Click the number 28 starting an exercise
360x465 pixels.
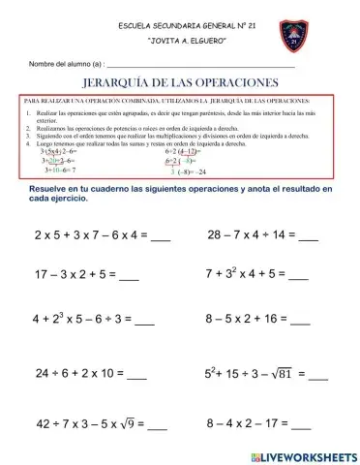215,233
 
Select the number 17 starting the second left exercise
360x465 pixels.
43,275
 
